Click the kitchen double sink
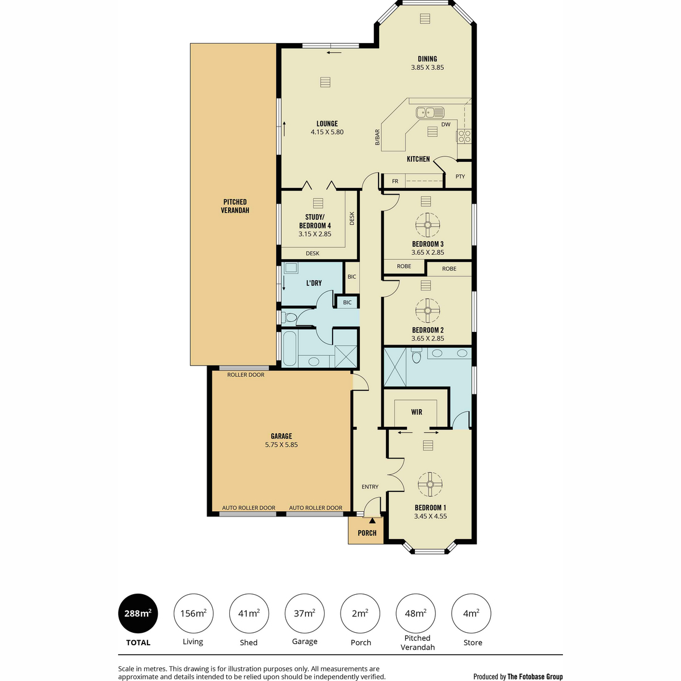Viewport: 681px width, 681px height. (430, 112)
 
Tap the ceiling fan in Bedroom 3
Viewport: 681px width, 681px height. (428, 225)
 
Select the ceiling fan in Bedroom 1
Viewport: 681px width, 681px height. (430, 484)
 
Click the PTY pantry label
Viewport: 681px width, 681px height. (460, 176)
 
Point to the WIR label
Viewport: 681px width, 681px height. (417, 411)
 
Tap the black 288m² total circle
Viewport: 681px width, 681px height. (138, 613)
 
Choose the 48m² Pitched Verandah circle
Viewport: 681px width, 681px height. (415, 613)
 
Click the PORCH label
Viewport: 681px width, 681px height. (367, 532)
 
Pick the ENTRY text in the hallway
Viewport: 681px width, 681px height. (370, 486)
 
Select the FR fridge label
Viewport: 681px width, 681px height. (395, 181)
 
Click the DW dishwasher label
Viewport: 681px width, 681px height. (446, 124)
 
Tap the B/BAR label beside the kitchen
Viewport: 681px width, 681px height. (377, 137)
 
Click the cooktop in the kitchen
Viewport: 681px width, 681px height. (464, 136)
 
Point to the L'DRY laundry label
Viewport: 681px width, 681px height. (314, 283)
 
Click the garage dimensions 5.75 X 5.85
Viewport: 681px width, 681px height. (281, 444)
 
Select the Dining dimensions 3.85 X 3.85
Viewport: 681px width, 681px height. (427, 67)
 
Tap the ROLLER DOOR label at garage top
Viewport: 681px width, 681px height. (246, 375)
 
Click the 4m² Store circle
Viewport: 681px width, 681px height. (471, 613)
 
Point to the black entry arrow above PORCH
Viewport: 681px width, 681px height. (372, 520)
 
